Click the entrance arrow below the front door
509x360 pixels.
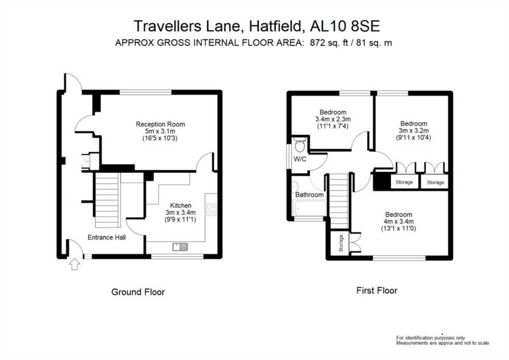[75, 264]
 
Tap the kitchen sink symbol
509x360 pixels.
[180, 247]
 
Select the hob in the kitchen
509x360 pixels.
[211, 209]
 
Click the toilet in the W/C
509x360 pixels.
[300, 145]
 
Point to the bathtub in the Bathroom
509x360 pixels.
[309, 208]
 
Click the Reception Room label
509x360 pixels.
[161, 124]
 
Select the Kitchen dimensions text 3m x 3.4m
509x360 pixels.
[180, 213]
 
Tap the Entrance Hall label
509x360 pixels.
[107, 237]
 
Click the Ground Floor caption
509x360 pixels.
[138, 292]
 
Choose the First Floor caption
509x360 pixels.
[377, 290]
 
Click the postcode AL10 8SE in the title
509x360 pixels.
[345, 26]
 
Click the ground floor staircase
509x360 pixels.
[107, 200]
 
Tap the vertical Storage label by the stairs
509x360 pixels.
[341, 243]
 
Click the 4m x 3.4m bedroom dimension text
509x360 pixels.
[399, 221]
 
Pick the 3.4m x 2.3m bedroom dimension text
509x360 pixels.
[333, 119]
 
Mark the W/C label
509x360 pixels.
[300, 159]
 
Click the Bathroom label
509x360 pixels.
[309, 194]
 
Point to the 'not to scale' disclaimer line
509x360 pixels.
[442, 343]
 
